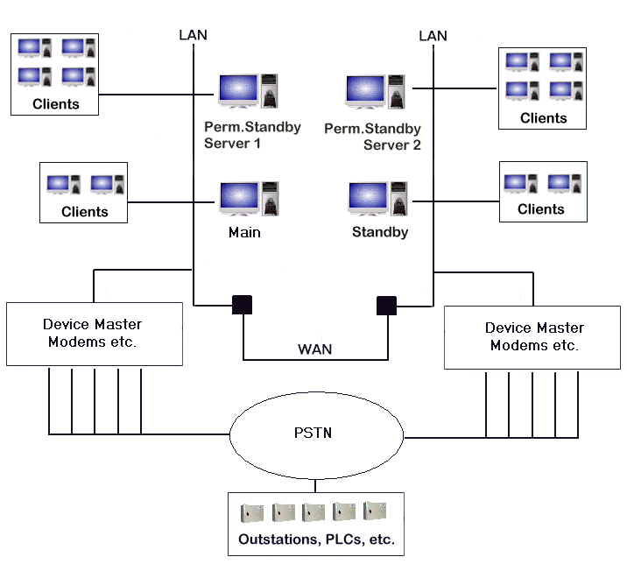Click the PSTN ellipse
[315, 434]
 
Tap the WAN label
[315, 349]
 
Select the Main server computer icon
[249, 199]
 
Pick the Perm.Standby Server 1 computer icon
[249, 92]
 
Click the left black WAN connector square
[242, 305]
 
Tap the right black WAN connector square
[386, 305]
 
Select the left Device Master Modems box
[95, 334]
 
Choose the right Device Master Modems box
[533, 336]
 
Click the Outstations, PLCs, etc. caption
[315, 539]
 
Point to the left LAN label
[193, 35]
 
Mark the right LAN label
[433, 36]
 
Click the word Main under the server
[244, 233]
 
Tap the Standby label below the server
[380, 233]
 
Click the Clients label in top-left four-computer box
[55, 103]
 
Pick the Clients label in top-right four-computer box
[543, 118]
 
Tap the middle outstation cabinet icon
[313, 511]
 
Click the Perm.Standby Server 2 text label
[373, 137]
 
